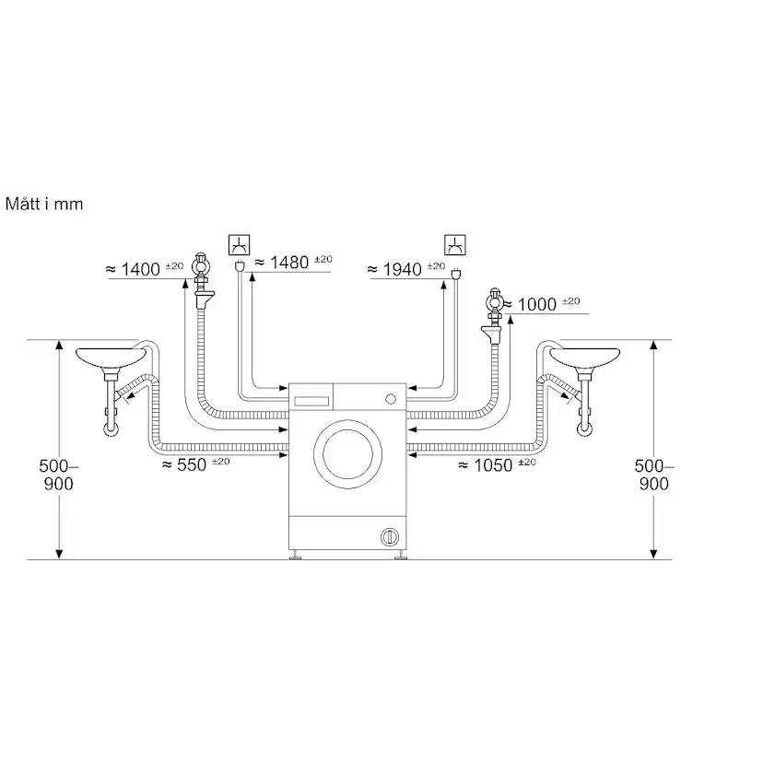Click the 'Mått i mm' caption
click(x=44, y=204)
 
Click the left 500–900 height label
click(x=58, y=475)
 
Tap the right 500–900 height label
click(x=653, y=475)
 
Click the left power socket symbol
click(x=239, y=245)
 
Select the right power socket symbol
click(x=455, y=245)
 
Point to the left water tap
click(x=201, y=280)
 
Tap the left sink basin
click(x=111, y=358)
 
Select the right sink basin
click(x=584, y=358)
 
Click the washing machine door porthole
click(x=348, y=454)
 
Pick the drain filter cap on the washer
click(x=389, y=536)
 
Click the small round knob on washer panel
click(x=391, y=399)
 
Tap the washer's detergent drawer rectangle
click(x=311, y=402)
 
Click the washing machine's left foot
click(x=296, y=556)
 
